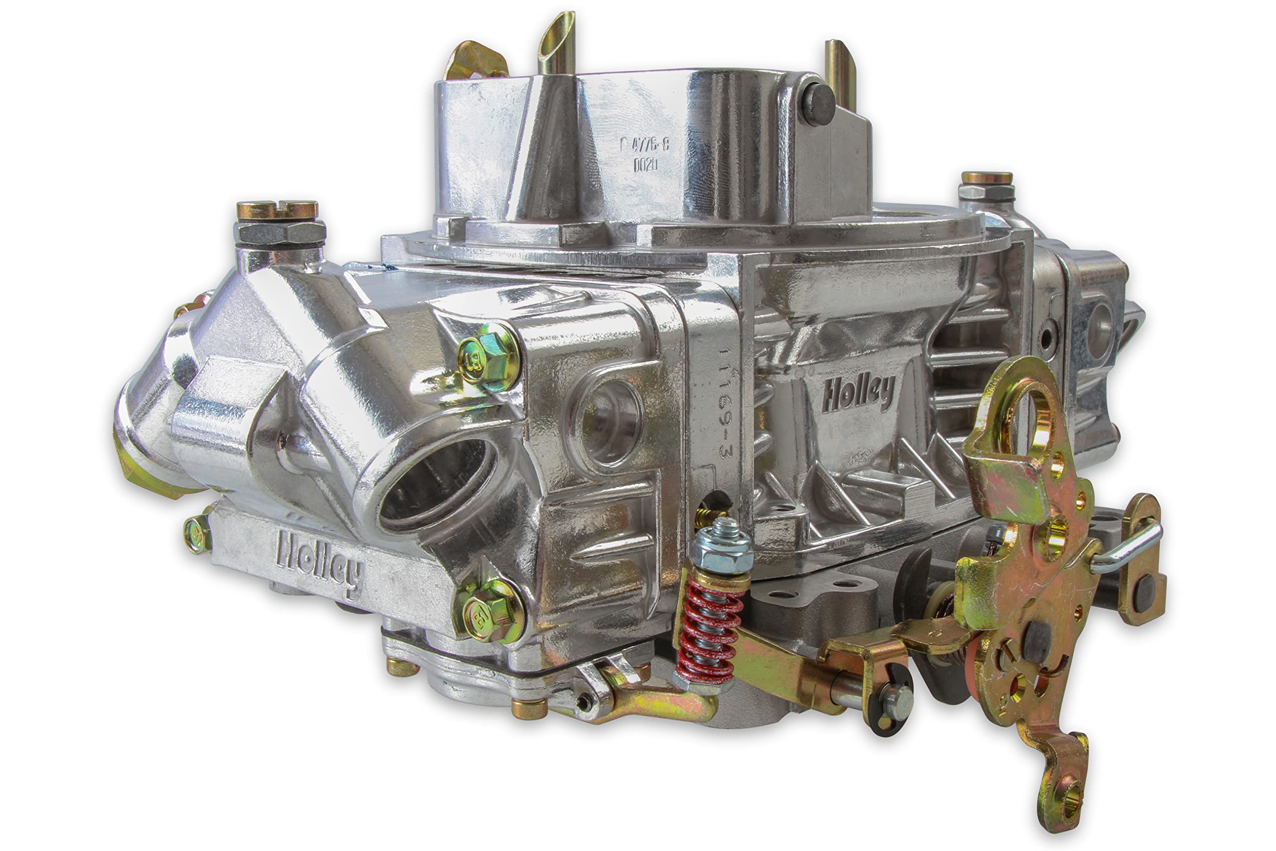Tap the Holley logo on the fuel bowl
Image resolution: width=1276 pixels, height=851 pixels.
319,562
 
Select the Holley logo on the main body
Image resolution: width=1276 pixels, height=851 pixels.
858,392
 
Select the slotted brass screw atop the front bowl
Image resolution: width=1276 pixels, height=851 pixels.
277,209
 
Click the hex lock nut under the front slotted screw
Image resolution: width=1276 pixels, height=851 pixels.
280,232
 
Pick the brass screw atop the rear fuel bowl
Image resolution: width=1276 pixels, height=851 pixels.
987,178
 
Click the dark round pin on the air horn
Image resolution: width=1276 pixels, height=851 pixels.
818,104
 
